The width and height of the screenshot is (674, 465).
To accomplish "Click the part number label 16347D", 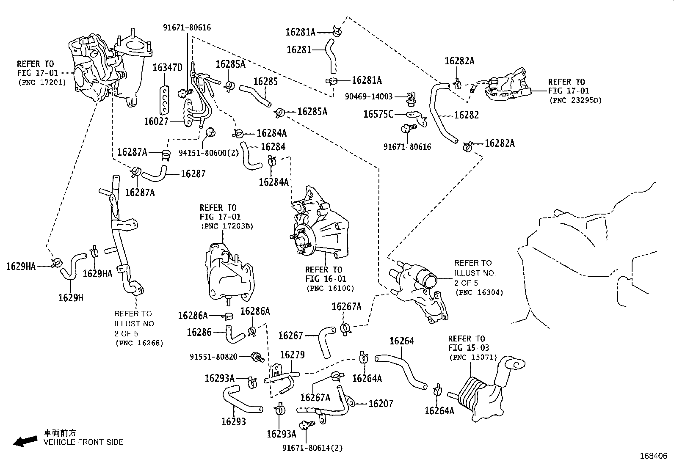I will point(167,68).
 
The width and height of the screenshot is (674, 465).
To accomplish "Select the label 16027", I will point(156,122).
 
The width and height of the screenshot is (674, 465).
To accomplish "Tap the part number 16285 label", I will point(265,81).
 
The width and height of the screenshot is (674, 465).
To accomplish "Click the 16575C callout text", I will point(378,114).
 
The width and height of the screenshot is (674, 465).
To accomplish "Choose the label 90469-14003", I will point(368,96).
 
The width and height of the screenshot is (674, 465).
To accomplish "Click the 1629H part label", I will point(71,298).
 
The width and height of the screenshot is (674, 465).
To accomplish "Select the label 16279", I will point(292,355).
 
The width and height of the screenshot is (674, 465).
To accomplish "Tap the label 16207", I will point(381,404).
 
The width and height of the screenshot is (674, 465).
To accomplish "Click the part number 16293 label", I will point(233,421).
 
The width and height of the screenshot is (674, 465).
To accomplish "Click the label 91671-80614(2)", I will point(313,448).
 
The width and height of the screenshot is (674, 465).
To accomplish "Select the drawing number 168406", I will point(653,456).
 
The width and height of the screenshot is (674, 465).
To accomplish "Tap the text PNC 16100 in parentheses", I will point(330,288).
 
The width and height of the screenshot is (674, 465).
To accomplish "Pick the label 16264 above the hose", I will point(402,341).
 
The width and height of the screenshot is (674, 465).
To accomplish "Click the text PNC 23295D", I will point(575,101).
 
